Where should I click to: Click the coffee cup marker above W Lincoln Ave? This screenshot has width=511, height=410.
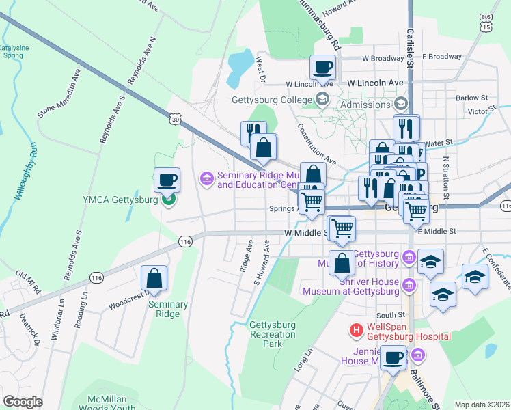(322, 68)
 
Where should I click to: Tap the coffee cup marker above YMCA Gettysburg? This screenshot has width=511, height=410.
(167, 180)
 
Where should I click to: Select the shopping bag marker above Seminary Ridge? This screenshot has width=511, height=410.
(154, 278)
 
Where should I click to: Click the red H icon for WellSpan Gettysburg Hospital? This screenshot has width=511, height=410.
(356, 330)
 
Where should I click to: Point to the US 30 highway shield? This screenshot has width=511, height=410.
(176, 120)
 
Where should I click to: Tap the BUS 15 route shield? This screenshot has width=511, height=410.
(486, 23)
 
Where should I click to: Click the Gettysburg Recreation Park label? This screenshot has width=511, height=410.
(273, 333)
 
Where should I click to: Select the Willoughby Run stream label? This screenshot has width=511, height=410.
(23, 171)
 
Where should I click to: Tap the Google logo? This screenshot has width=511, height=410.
(23, 402)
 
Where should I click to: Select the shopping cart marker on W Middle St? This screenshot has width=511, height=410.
(342, 228)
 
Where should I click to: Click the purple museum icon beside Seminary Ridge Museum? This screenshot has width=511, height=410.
(206, 179)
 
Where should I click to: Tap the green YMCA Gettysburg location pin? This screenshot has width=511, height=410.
(167, 199)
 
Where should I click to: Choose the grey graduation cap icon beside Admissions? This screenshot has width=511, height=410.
(400, 104)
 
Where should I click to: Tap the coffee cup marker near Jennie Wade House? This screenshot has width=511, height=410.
(393, 357)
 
